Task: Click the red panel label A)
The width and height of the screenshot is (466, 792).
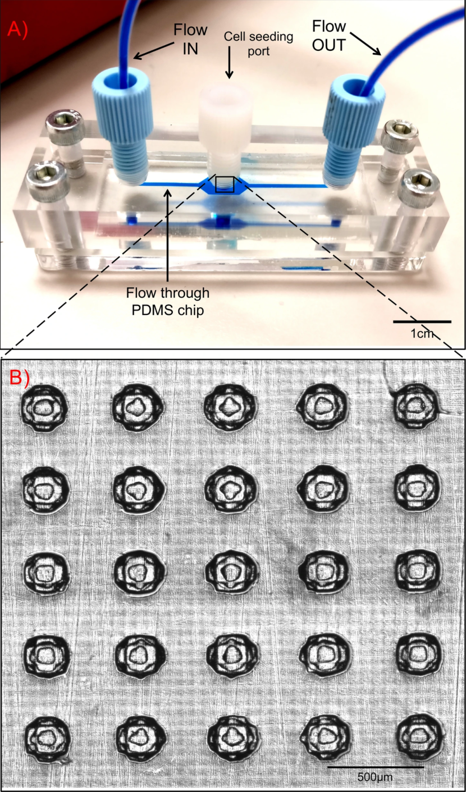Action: click(x=18, y=29)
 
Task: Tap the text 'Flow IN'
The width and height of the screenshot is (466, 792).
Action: click(x=190, y=39)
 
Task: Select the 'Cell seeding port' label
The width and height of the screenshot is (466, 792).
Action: click(x=258, y=44)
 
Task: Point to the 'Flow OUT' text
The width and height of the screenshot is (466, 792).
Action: click(x=329, y=36)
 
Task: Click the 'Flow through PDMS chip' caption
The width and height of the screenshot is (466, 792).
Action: click(x=167, y=302)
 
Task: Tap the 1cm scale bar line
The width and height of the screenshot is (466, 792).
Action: click(x=422, y=321)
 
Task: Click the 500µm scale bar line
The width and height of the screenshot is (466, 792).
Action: click(x=375, y=766)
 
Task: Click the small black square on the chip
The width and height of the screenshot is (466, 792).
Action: click(x=224, y=184)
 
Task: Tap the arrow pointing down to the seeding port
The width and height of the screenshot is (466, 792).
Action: click(x=230, y=62)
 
